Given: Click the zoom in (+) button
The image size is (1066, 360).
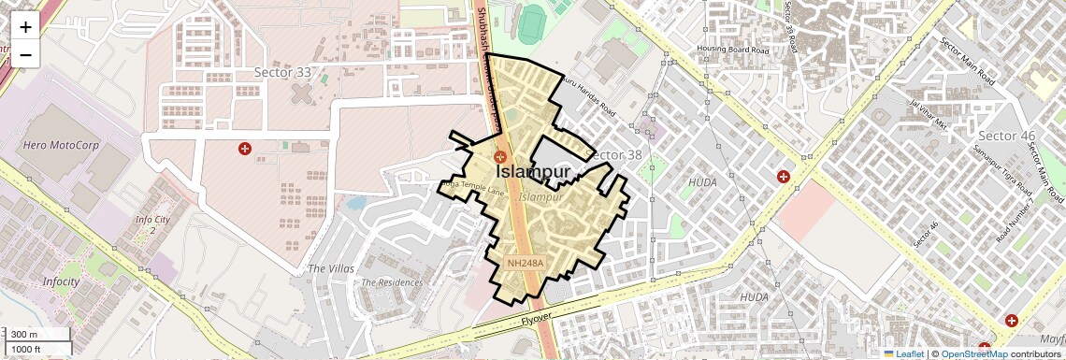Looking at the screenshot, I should tap(25, 27).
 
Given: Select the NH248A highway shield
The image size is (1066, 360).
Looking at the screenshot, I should tap(526, 264).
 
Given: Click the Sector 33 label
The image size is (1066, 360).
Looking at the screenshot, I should tap(283, 72).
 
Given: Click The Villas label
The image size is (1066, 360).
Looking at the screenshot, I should tap(331, 268).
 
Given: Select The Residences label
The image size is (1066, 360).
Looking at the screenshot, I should tap(392, 281).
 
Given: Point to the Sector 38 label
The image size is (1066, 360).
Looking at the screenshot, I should tap(619, 155).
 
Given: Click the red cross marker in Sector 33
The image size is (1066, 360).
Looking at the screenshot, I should tap(245, 149).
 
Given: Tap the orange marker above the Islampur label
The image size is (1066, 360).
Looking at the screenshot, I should tap(500, 157).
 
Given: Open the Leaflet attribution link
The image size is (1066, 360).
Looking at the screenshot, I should tap(903, 353).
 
